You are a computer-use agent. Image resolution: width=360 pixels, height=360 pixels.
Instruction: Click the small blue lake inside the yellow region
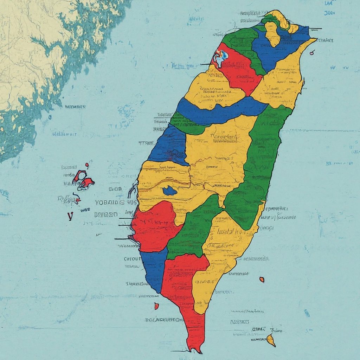point(170,191)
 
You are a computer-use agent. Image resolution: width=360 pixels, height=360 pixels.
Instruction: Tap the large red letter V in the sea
point(70,216)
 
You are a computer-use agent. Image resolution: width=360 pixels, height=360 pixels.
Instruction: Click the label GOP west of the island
point(115,189)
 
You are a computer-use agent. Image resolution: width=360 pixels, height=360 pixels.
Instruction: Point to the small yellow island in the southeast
point(271,339)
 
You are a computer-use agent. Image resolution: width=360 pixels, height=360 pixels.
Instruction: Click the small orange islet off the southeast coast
point(262,279)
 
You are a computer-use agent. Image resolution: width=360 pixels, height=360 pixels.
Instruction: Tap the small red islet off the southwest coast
point(157,306)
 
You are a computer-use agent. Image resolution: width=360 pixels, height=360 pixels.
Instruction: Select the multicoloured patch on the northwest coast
point(220,57)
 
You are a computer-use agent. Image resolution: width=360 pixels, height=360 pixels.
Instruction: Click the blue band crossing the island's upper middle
point(218,111)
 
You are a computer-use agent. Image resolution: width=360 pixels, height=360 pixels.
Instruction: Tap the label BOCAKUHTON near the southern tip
point(164,320)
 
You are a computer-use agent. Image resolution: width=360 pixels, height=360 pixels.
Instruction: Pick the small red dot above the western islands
point(87,165)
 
